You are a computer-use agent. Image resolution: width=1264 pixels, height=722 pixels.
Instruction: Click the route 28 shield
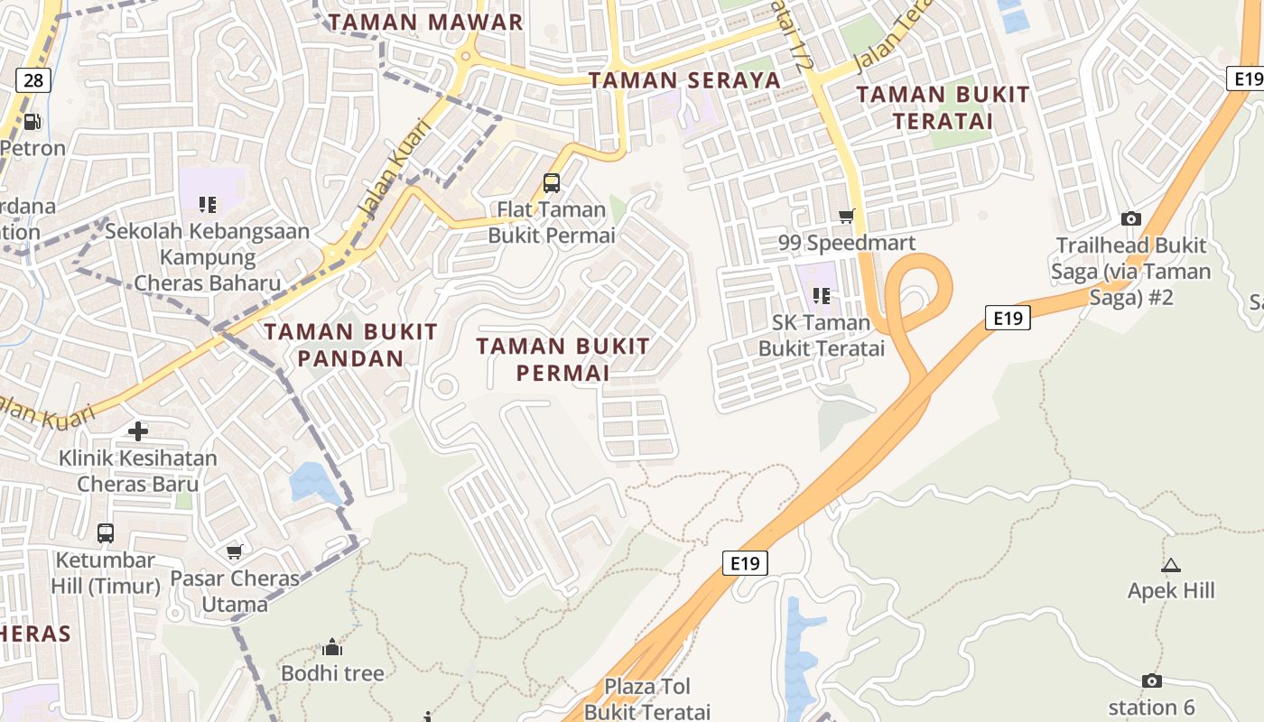click(33, 80)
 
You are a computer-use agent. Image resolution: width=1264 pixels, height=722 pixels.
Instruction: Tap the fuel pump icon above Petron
click(32, 121)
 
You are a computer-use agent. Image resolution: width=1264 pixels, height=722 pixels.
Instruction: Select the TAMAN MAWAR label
click(425, 22)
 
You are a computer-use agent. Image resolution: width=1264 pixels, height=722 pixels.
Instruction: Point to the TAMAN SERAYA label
click(684, 79)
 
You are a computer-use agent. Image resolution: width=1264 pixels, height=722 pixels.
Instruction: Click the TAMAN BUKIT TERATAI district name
click(943, 107)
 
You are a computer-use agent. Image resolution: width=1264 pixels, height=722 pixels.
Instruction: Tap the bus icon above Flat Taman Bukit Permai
click(551, 183)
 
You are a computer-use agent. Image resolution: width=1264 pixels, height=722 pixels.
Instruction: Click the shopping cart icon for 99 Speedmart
click(846, 216)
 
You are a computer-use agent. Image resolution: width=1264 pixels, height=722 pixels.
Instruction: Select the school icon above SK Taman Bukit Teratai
click(821, 295)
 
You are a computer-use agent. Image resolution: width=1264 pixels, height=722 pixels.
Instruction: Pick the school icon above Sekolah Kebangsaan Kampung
click(208, 205)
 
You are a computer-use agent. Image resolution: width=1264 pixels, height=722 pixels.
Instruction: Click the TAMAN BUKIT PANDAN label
click(350, 345)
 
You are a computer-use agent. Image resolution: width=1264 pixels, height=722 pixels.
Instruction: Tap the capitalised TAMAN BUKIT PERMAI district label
click(562, 358)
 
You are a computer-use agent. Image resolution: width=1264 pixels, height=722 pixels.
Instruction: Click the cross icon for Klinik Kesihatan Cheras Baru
click(138, 431)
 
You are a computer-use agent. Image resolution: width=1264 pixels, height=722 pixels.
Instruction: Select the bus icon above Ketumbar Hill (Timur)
click(106, 532)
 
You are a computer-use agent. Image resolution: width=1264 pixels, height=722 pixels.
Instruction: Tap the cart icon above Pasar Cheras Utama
click(235, 551)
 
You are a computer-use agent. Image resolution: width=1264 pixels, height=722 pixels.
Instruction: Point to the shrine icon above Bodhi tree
click(332, 647)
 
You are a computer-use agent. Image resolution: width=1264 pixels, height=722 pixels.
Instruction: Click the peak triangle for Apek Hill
click(1171, 566)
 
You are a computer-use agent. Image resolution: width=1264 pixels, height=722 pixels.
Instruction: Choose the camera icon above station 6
click(1151, 680)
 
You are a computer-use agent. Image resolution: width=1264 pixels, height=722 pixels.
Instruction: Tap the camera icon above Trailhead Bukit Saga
click(1130, 218)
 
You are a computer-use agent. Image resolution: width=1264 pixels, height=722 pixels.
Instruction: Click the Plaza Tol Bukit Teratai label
click(646, 699)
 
